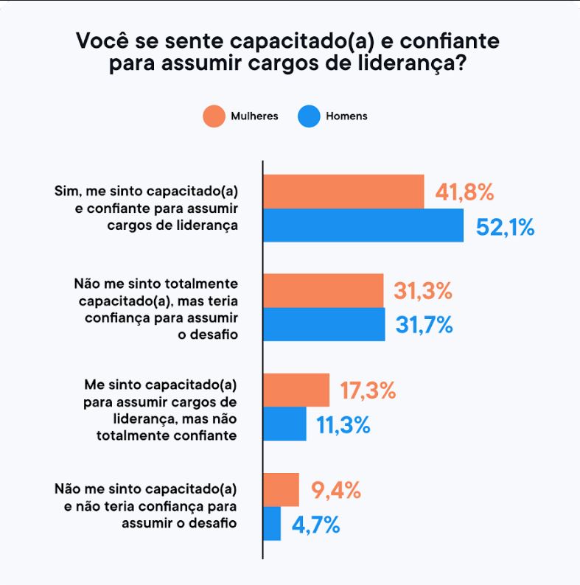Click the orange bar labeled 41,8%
click(343, 192)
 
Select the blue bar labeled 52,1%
click(363, 225)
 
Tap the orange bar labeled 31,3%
click(324, 290)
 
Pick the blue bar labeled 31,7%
click(324, 324)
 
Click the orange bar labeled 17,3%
click(296, 390)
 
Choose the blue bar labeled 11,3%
click(284, 424)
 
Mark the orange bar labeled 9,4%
click(281, 489)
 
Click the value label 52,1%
click(505, 227)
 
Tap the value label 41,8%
click(464, 192)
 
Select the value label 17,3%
click(368, 390)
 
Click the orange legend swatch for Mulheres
click(214, 116)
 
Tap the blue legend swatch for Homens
click(308, 116)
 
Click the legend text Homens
click(346, 116)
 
